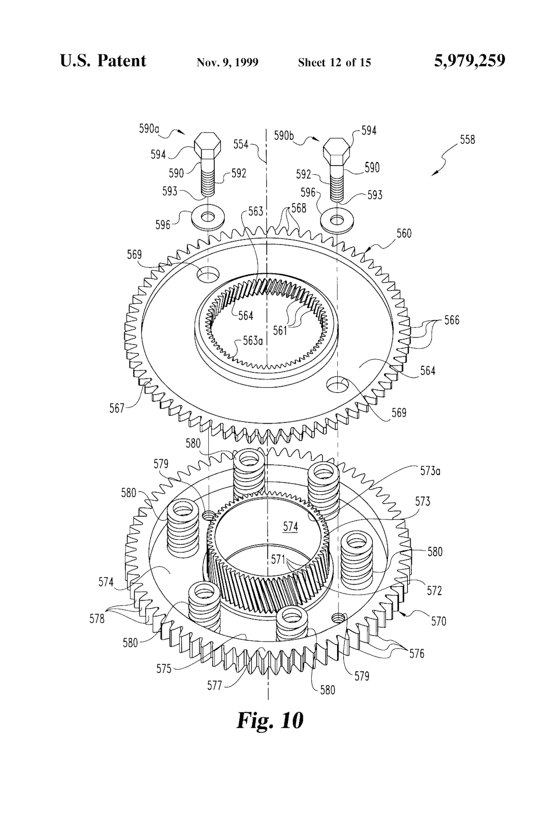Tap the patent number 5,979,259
pyautogui.click(x=470, y=61)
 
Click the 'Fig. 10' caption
pyautogui.click(x=270, y=720)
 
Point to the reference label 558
pyautogui.click(x=467, y=139)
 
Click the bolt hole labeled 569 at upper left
pyautogui.click(x=208, y=275)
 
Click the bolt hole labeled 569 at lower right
pyautogui.click(x=338, y=384)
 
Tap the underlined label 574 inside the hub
pyautogui.click(x=290, y=527)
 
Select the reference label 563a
pyautogui.click(x=252, y=340)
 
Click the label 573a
pyautogui.click(x=430, y=471)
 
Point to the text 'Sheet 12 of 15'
pyautogui.click(x=334, y=62)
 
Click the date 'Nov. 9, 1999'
pyautogui.click(x=227, y=62)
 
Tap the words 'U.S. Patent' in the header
pyautogui.click(x=103, y=61)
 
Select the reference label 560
pyautogui.click(x=404, y=234)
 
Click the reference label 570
pyautogui.click(x=438, y=620)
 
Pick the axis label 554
pyautogui.click(x=241, y=144)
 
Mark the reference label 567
pyautogui.click(x=117, y=408)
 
